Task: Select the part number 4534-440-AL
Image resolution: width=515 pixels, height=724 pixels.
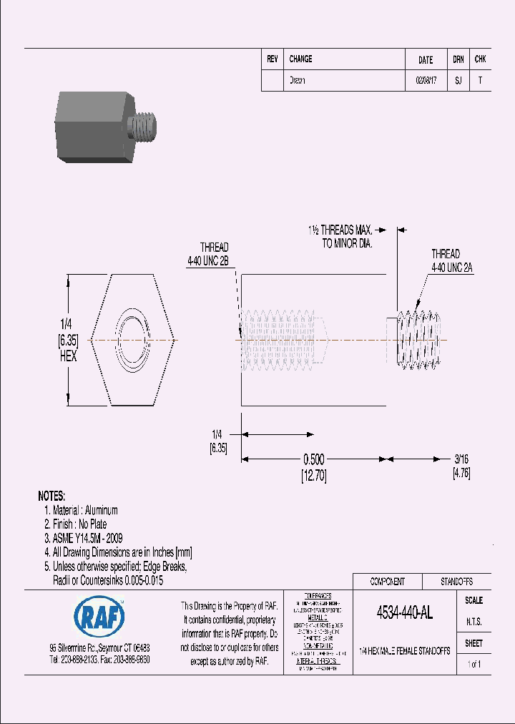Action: pos(405,613)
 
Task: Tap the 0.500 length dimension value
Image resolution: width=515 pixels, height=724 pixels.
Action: pos(314,460)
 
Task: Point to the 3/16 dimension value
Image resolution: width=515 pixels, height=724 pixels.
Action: pos(461,460)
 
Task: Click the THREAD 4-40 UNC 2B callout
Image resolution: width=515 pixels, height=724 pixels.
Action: pos(208,255)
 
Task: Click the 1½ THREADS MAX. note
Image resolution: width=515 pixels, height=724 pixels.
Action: pos(340,237)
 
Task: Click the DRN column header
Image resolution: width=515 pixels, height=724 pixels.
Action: pos(458,59)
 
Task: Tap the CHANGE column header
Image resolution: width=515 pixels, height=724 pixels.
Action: pos(300,59)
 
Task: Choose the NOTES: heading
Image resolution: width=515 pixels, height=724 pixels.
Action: pos(51,496)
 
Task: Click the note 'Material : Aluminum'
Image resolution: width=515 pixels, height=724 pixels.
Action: pos(85,511)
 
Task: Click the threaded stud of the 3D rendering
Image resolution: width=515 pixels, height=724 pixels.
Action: pos(145,127)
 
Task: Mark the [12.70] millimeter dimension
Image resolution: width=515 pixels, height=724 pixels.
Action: pos(314,476)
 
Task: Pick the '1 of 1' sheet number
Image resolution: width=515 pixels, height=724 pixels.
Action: pos(474,665)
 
